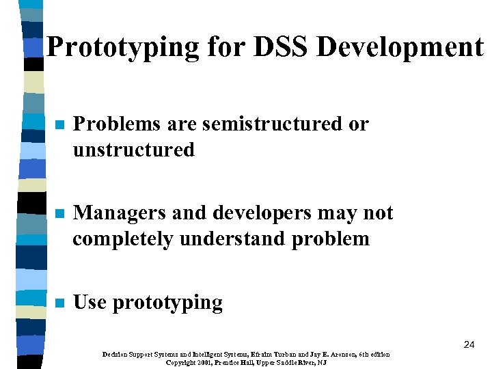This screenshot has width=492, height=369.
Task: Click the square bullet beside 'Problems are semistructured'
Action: (x=59, y=126)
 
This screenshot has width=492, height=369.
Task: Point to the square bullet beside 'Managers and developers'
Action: (x=59, y=215)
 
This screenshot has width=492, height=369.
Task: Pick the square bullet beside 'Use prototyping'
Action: (x=59, y=303)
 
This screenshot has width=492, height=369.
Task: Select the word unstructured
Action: (x=133, y=150)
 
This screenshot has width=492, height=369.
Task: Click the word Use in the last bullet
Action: (x=90, y=302)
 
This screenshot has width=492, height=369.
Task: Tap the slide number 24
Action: (x=469, y=345)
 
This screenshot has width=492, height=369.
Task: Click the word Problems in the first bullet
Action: (x=116, y=124)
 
